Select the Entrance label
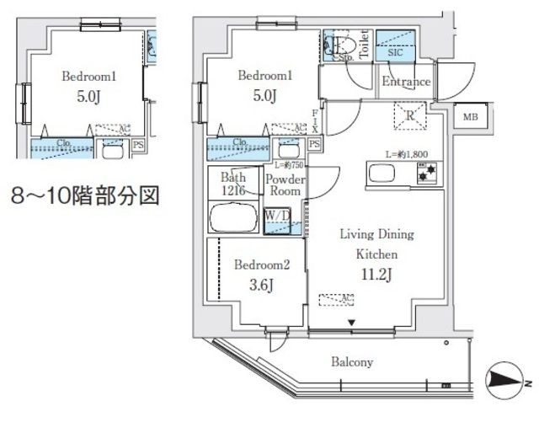(406, 82)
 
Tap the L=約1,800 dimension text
(408, 154)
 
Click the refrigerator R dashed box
(410, 114)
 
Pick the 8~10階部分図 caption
(84, 199)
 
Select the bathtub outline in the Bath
(234, 218)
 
